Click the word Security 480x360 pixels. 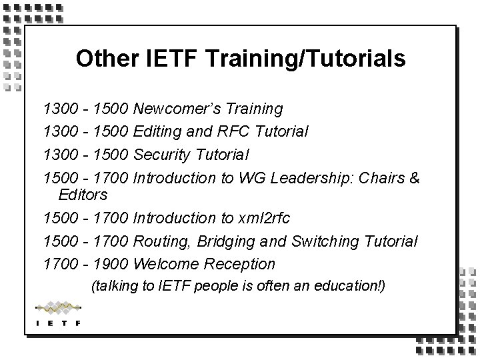click(163, 155)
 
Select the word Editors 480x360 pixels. click(83, 195)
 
